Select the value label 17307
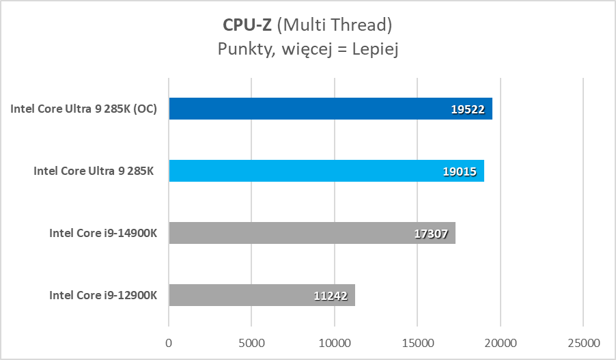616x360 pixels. [430, 233]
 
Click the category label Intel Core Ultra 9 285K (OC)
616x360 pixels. [84, 109]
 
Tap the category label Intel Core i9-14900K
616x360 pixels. [103, 233]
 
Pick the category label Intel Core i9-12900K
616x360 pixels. [103, 295]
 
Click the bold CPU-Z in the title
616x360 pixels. [247, 25]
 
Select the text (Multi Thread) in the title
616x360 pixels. [335, 25]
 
